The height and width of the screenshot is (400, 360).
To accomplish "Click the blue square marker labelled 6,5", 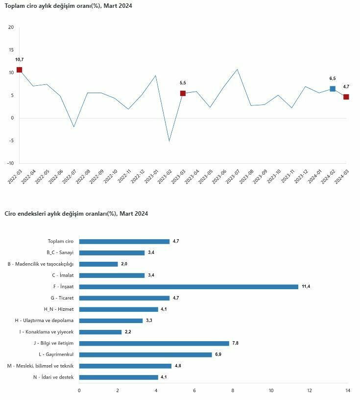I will (333, 89).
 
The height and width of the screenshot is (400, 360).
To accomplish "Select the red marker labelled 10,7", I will (19, 70).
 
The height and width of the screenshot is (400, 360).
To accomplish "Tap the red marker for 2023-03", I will (183, 93).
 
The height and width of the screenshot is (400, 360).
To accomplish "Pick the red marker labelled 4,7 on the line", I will (346, 97).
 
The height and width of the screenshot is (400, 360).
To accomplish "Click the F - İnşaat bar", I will (189, 286).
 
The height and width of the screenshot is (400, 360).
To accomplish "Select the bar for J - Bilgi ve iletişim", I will (154, 343).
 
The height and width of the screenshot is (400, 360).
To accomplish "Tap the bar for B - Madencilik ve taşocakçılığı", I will (98, 264).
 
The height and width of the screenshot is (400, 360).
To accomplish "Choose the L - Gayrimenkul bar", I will (145, 354).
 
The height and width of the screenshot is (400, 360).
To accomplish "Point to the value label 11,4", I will (306, 286).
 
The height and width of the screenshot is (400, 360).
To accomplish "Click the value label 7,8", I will (235, 343).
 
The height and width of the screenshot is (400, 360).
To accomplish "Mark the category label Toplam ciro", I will (60, 241).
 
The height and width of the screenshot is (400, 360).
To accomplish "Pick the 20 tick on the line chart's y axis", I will (11, 27).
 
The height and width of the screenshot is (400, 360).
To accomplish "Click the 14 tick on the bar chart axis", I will (347, 390).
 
